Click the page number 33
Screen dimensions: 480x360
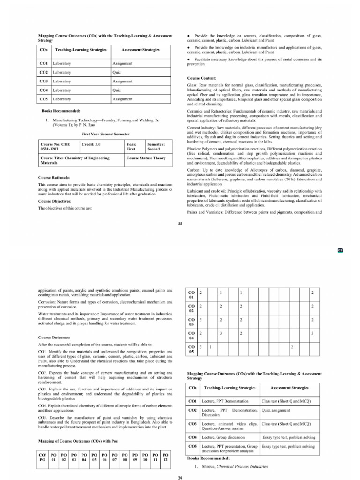[x=180, y=223]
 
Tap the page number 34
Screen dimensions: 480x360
[x=180, y=477]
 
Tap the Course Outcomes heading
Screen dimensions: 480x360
[x=54, y=337]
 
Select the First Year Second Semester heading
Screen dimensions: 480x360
[x=105, y=134]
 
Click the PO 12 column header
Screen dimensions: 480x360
[x=165, y=457]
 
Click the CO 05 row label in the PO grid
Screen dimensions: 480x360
[x=191, y=350]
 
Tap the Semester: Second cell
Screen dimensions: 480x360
[x=156, y=147]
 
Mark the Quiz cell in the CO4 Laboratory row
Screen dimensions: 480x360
[x=117, y=90]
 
